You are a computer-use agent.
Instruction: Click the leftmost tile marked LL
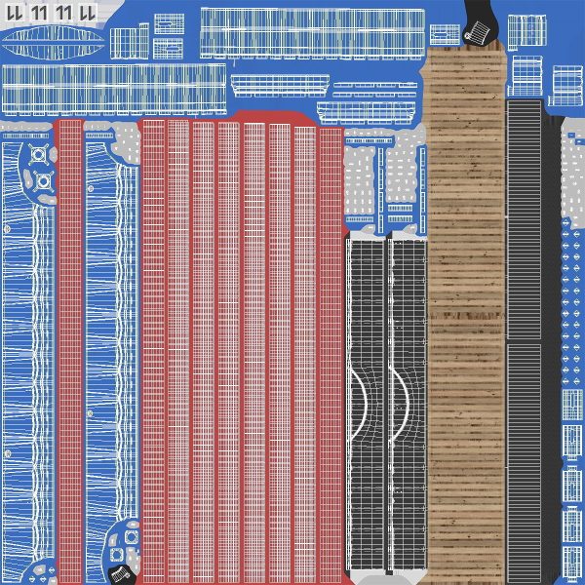[15, 13]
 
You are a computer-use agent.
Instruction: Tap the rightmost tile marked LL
[88, 13]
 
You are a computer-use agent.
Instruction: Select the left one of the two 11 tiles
[39, 13]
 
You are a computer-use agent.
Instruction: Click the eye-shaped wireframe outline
[54, 43]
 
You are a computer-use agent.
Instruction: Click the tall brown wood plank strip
[466, 313]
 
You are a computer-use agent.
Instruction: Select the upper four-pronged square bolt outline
[38, 154]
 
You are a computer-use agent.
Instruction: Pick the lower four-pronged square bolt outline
[43, 181]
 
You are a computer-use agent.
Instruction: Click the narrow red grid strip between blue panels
[70, 351]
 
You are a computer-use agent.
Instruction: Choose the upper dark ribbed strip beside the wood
[525, 219]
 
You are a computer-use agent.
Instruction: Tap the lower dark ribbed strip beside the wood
[525, 462]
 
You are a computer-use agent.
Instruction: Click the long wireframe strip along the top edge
[313, 33]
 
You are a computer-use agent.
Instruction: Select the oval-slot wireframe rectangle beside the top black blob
[445, 35]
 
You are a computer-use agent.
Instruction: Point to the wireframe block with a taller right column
[130, 41]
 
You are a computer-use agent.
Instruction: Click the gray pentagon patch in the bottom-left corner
[40, 570]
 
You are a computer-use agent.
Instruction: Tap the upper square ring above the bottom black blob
[132, 537]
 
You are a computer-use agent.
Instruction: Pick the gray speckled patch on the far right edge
[573, 172]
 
